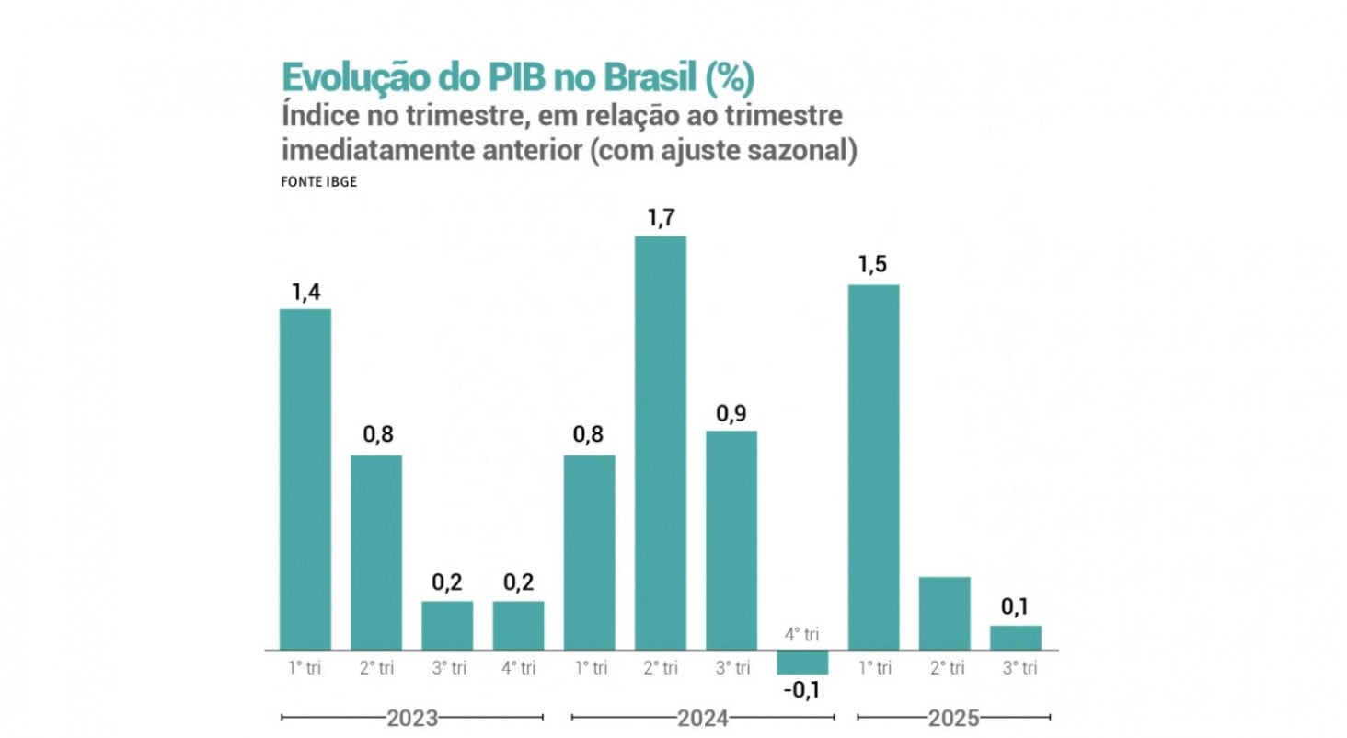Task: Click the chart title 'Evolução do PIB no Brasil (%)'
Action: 517,77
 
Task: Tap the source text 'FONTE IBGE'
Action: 318,181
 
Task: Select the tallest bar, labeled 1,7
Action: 660,443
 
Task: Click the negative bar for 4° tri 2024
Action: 802,662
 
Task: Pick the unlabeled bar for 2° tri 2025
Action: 944,613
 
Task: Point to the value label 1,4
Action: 305,293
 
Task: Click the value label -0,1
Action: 802,691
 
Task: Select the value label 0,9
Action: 731,414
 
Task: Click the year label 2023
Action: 412,718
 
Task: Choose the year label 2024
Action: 703,718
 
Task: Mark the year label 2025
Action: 953,718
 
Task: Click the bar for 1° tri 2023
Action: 305,479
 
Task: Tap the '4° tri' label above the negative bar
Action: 801,634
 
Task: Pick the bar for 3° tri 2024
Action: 731,539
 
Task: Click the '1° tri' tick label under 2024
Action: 589,668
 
